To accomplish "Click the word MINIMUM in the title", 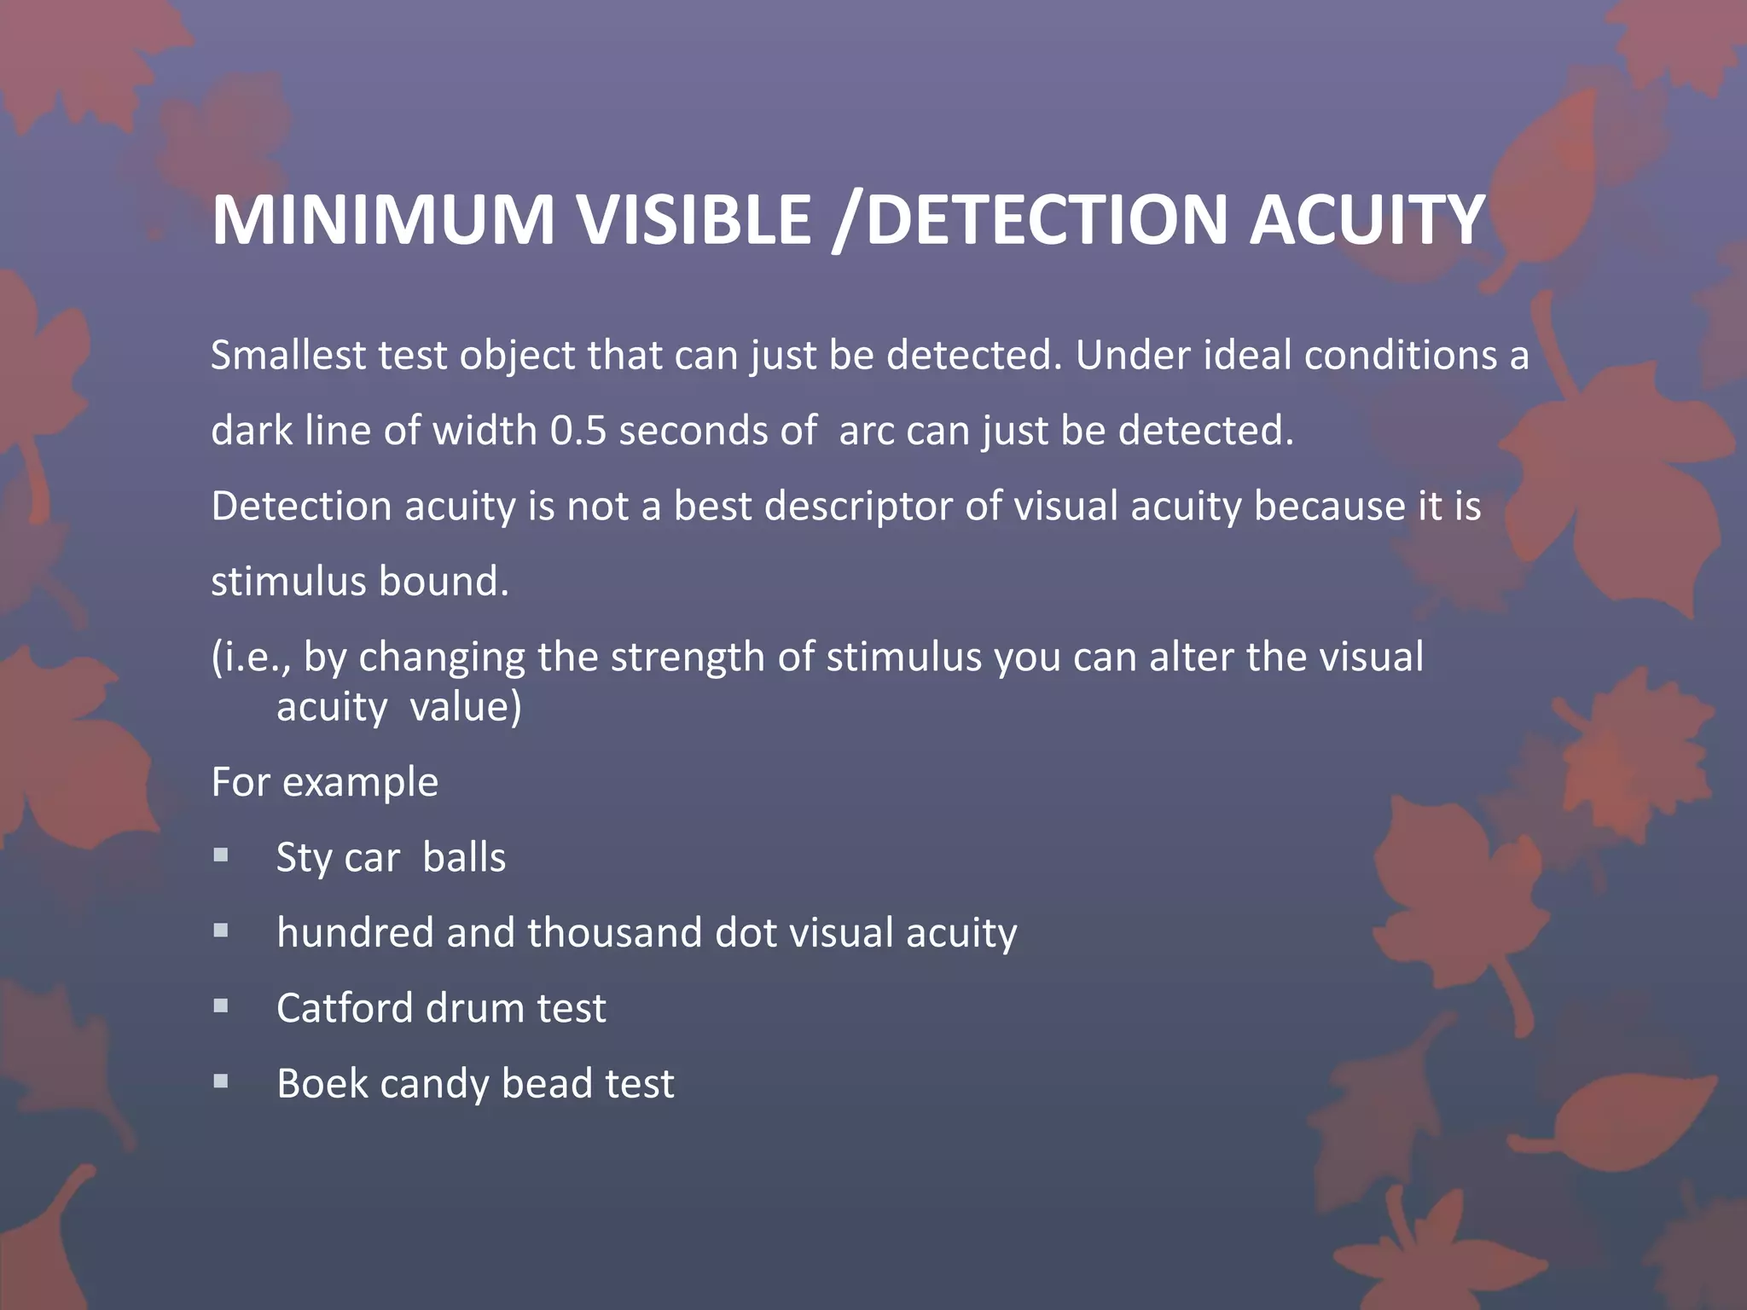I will coord(383,220).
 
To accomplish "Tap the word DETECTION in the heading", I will coord(1046,220).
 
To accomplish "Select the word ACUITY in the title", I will coord(1367,220).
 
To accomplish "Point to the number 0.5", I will coord(578,431).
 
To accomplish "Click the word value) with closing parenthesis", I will coord(466,707).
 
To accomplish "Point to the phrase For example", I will coord(324,782).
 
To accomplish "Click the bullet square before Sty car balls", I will coord(221,855).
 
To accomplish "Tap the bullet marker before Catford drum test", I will coord(221,1006).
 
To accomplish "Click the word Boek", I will coord(322,1084).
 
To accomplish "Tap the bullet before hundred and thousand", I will coord(221,930).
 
